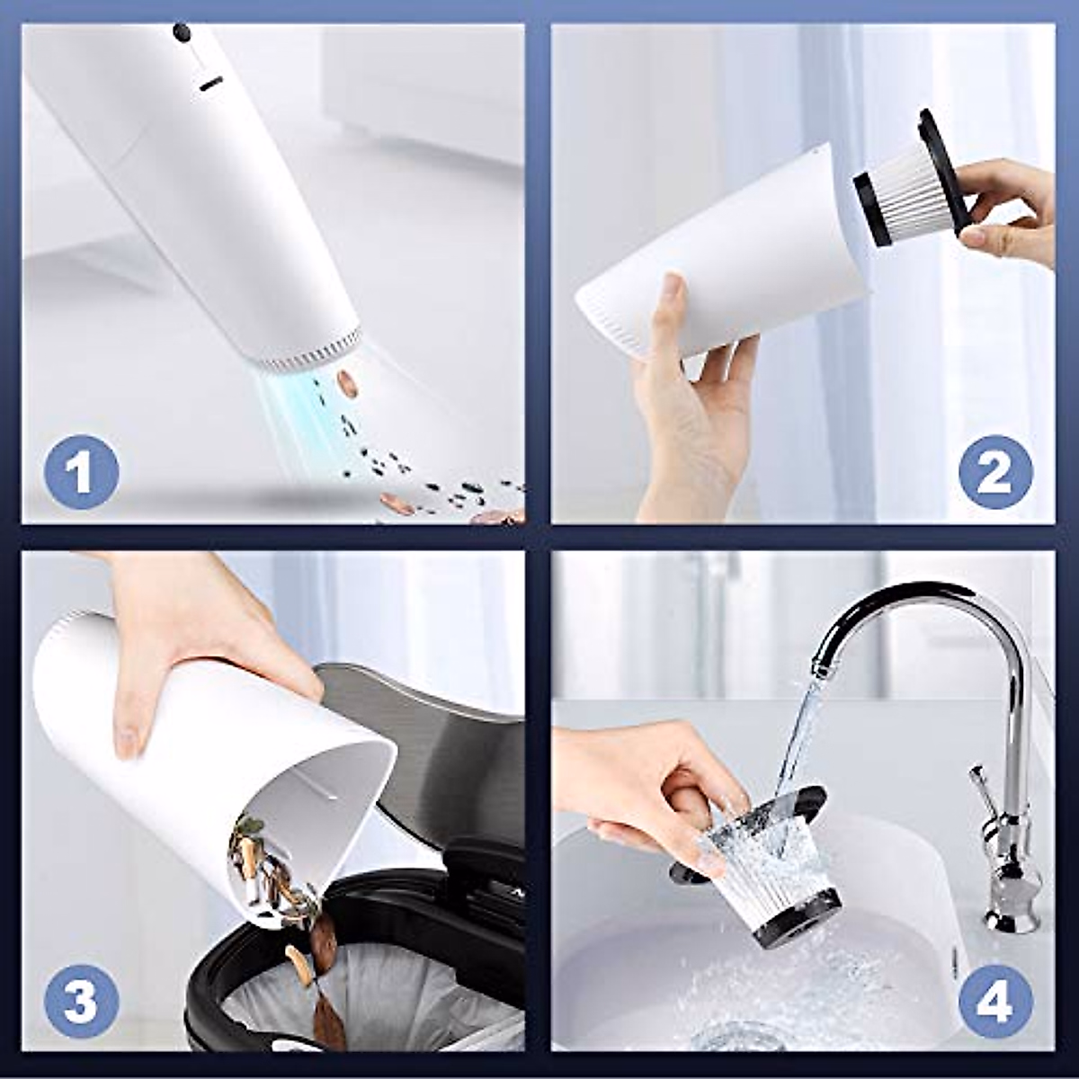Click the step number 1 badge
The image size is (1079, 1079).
pyautogui.click(x=81, y=472)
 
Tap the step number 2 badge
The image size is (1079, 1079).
pyautogui.click(x=994, y=472)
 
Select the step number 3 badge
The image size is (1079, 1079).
pyautogui.click(x=81, y=1001)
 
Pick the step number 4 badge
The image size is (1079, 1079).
pyautogui.click(x=994, y=1001)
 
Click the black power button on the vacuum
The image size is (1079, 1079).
pyautogui.click(x=183, y=32)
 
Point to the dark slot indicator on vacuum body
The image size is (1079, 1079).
pyautogui.click(x=211, y=84)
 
